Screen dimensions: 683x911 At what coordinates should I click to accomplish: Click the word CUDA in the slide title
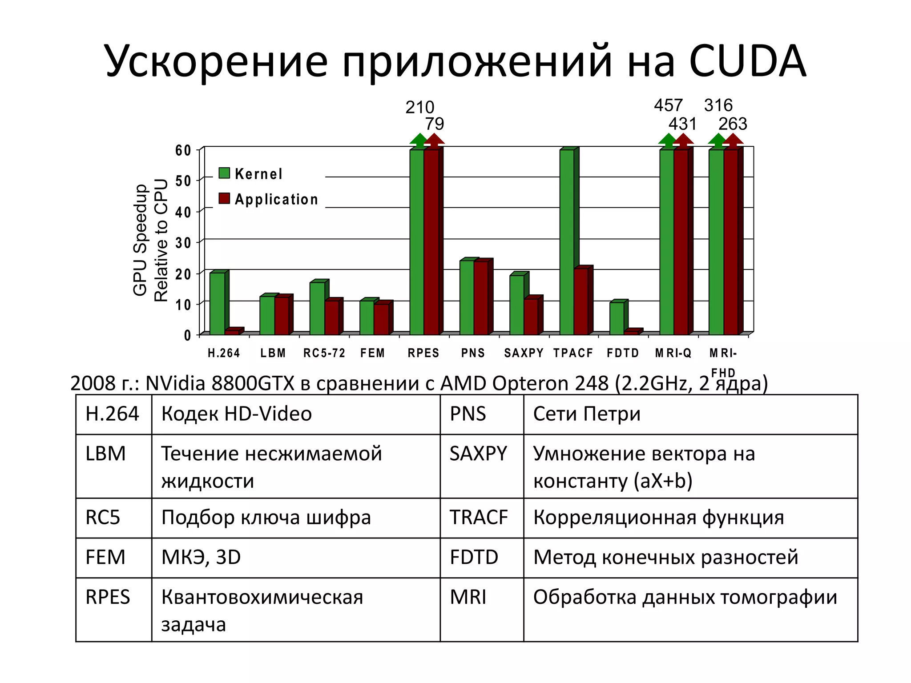click(x=747, y=61)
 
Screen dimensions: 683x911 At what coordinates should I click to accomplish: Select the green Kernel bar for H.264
click(x=217, y=303)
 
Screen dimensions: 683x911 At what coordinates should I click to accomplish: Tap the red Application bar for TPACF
click(x=580, y=301)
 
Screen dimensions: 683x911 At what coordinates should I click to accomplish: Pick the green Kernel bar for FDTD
click(x=617, y=318)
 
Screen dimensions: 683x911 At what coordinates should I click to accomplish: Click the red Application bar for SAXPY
click(x=531, y=316)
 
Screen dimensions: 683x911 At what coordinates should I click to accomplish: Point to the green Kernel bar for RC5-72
click(x=317, y=308)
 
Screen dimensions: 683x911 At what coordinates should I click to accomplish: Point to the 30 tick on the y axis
click(x=183, y=243)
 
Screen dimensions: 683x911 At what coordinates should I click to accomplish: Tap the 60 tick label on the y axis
click(x=183, y=150)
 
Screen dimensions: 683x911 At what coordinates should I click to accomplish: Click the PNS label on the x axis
click(x=473, y=353)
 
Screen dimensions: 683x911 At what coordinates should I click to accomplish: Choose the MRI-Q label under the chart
click(x=673, y=353)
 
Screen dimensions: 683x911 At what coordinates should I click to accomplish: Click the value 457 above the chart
click(x=668, y=105)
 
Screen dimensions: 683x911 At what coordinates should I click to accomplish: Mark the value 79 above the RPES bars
click(x=434, y=124)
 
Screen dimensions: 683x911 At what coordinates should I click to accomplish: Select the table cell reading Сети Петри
click(x=587, y=414)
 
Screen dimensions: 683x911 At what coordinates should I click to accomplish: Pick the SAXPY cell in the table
click(x=478, y=454)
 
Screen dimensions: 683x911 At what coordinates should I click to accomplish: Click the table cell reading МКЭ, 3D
click(x=201, y=558)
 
